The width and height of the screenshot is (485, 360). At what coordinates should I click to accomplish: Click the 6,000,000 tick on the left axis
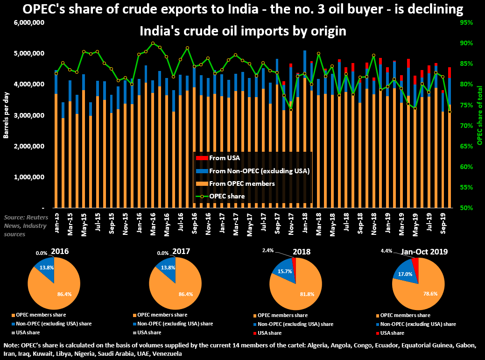pos(30,22)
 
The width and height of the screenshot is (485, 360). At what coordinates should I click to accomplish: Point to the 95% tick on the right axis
pos(466,22)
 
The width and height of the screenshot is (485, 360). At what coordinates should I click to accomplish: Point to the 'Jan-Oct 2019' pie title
pos(424,252)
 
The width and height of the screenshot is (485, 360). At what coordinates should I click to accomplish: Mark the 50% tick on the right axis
pos(466,208)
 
